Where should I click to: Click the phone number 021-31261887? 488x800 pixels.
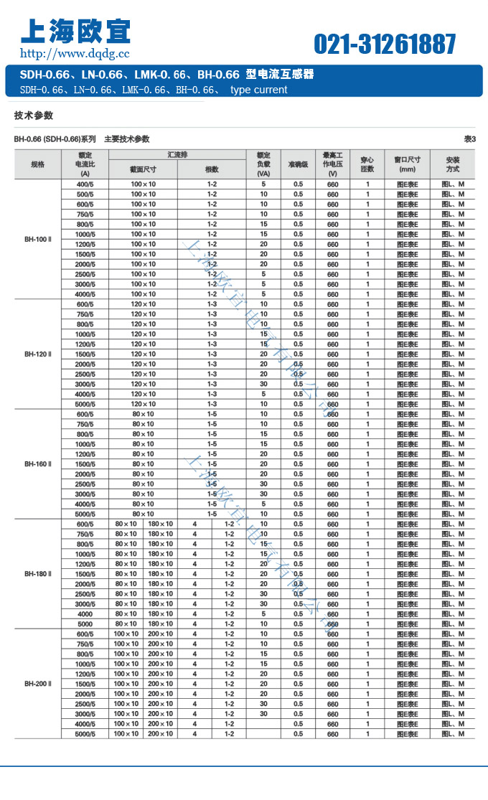tap(385, 44)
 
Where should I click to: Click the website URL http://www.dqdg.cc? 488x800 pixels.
tap(75, 53)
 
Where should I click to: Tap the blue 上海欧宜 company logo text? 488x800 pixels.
tap(75, 31)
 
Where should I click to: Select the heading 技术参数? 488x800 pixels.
tap(34, 116)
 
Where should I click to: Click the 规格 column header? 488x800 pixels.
tap(37, 164)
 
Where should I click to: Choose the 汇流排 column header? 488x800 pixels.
tap(178, 154)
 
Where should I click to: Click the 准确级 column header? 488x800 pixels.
tap(298, 164)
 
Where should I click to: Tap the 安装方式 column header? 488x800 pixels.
tap(451, 164)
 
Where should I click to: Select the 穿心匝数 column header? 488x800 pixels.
tap(367, 164)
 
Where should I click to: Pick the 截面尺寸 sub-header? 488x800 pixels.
tap(143, 169)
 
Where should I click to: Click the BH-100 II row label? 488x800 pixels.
tap(38, 239)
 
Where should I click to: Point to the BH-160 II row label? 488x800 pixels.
tap(38, 464)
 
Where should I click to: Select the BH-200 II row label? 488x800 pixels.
tap(38, 684)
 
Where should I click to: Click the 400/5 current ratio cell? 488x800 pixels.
tap(85, 184)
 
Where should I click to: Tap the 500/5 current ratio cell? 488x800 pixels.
tap(85, 194)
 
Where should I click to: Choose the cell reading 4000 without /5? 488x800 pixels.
tap(85, 614)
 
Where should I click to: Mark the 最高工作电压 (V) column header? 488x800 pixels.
tap(332, 164)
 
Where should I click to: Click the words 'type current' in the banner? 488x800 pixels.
tap(258, 90)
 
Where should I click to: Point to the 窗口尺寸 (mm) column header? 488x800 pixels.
tap(407, 164)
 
